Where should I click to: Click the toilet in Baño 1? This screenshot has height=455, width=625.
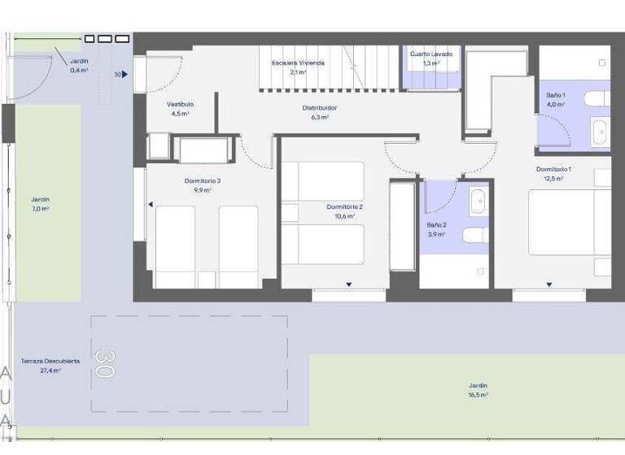(x=597, y=99)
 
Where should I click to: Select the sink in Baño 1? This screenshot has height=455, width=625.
(x=600, y=131)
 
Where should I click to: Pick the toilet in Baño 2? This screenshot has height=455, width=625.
(x=475, y=235)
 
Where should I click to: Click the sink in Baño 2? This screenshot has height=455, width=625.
(x=479, y=199)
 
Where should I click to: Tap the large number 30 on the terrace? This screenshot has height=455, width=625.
(x=104, y=364)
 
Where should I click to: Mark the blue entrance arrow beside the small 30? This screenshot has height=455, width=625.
(x=125, y=74)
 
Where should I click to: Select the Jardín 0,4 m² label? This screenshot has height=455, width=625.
(x=79, y=66)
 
